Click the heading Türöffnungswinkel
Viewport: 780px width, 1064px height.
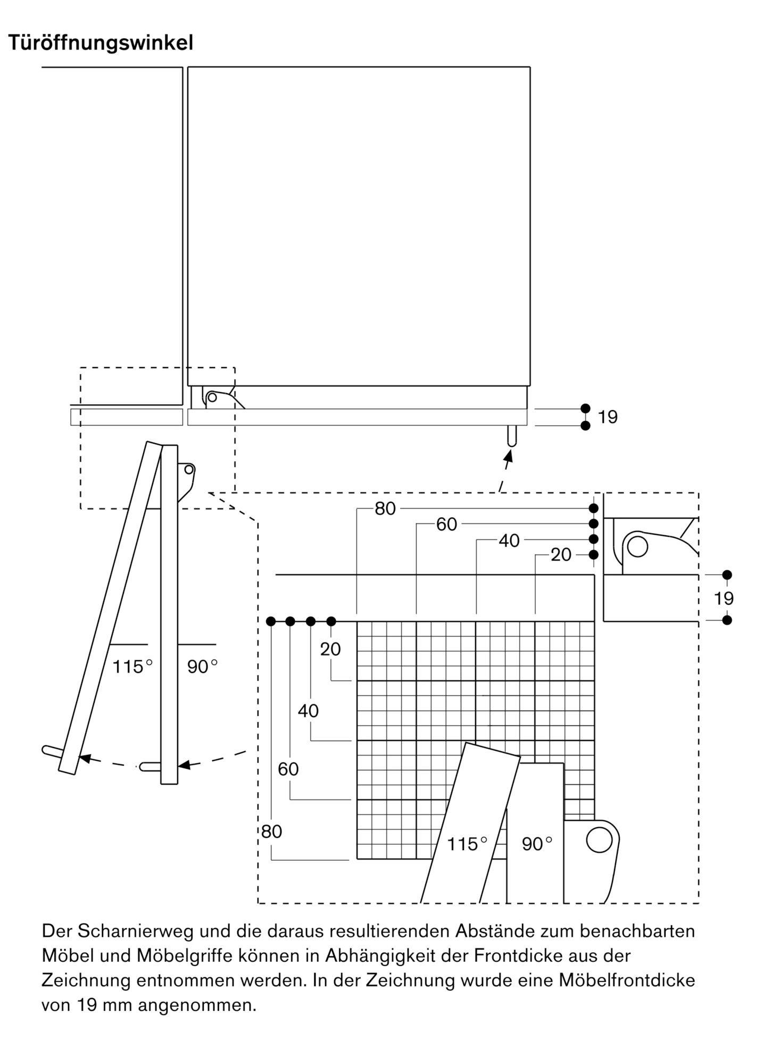tap(101, 43)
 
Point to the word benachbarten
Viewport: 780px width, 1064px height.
tap(637, 932)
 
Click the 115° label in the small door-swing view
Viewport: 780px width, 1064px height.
tap(132, 667)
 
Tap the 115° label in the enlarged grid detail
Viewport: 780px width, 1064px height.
tap(467, 844)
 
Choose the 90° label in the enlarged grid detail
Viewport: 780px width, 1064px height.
tap(537, 844)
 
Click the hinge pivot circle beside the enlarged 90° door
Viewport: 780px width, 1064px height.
tap(599, 839)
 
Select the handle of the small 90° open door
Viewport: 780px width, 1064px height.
tap(150, 767)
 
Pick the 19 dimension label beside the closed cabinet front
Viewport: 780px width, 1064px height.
tap(608, 417)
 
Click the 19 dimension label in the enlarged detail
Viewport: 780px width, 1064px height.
tap(724, 598)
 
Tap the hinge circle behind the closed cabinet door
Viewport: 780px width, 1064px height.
tap(212, 397)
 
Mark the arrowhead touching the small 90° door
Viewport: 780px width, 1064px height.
tap(184, 765)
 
